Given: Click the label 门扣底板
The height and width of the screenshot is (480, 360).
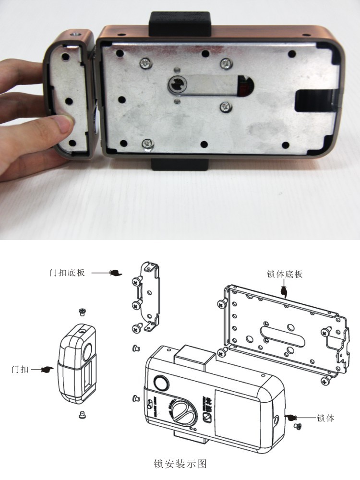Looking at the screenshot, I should point(67,273).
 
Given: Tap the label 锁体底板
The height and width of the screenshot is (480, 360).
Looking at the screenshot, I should point(285,275).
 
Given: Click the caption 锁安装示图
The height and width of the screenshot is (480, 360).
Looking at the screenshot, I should point(180,464).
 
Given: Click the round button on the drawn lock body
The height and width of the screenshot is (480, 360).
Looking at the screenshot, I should point(160,384).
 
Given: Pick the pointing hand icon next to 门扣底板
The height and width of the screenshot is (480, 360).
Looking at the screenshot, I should point(116,273).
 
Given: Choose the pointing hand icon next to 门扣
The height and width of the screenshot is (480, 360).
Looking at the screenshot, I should point(48,370).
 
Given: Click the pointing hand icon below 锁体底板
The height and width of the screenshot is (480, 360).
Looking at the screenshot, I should point(284,290).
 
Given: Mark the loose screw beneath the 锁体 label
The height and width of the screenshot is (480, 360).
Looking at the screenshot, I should point(296,426).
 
